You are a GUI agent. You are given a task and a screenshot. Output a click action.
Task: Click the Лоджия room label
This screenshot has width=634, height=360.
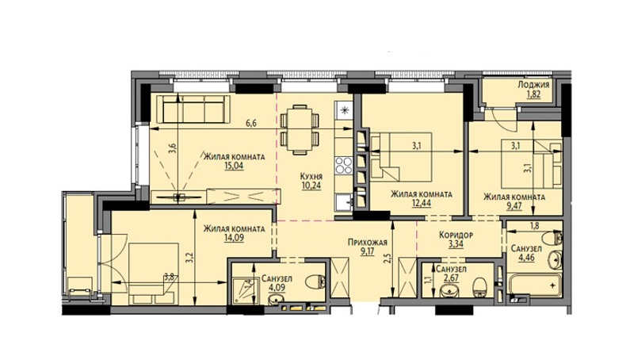(x=533, y=85)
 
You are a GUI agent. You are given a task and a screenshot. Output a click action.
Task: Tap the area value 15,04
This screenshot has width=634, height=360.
(x=235, y=166)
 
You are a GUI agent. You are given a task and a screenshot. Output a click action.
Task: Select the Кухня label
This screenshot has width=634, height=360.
(x=311, y=176)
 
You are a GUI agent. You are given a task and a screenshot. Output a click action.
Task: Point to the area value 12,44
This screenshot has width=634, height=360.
(x=422, y=203)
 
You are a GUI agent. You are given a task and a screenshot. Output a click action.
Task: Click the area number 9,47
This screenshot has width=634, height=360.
(x=514, y=206)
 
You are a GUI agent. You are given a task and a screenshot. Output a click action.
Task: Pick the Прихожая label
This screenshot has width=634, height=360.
(x=368, y=243)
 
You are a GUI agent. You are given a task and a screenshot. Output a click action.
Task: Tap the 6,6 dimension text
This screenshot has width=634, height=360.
(x=251, y=124)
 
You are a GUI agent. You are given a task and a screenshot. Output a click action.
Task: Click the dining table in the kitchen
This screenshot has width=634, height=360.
(x=300, y=129)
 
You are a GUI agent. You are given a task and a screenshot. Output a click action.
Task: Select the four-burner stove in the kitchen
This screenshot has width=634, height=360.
(x=344, y=165)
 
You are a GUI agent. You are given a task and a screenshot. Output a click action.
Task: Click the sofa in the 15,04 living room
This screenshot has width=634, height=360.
(x=193, y=109)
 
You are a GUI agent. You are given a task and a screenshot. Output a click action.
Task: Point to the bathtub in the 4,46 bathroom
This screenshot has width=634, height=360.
(x=533, y=285)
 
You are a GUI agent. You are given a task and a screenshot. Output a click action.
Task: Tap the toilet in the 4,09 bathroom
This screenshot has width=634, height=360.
(x=315, y=281)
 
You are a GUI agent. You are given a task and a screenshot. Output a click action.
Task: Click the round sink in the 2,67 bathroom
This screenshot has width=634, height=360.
(x=449, y=290)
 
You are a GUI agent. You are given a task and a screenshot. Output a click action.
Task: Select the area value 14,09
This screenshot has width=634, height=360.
(x=235, y=238)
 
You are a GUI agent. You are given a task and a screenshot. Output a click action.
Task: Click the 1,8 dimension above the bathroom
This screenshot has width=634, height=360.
(x=534, y=226)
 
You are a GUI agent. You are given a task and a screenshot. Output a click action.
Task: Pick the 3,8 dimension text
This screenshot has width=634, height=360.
(x=169, y=278)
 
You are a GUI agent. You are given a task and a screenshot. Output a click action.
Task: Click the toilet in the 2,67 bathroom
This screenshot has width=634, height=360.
(x=480, y=286)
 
